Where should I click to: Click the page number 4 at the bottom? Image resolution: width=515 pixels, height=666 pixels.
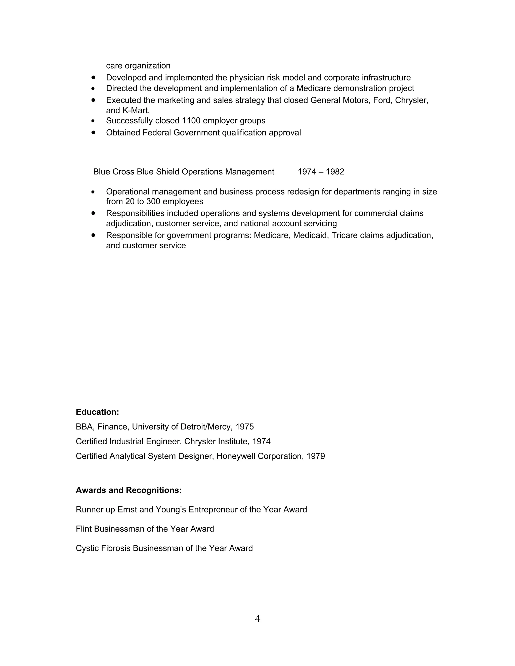[x=257, y=619]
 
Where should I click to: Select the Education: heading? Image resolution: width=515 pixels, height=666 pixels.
[x=97, y=412]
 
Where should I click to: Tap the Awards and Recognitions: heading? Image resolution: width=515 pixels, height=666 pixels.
[x=128, y=490]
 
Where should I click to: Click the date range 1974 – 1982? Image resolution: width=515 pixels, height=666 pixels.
[x=321, y=172]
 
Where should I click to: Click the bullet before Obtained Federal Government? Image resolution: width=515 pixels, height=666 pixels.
[x=93, y=132]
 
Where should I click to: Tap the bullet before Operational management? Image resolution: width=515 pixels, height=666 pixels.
[x=93, y=192]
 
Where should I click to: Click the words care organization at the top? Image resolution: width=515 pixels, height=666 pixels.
[x=138, y=66]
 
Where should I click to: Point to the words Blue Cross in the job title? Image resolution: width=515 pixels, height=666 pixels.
[x=114, y=172]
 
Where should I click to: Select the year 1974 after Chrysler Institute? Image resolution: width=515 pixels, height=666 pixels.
[x=262, y=441]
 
